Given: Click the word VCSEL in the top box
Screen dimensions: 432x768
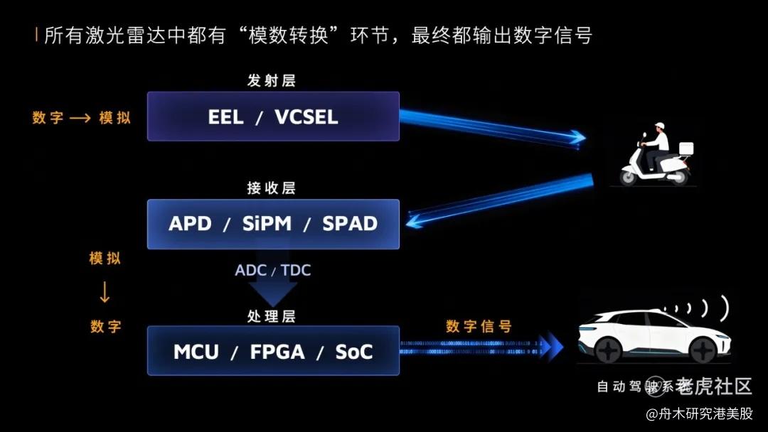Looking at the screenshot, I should click(306, 117).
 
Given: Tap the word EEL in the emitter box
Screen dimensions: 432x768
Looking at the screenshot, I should click(226, 117).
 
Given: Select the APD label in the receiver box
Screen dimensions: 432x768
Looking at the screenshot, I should click(191, 224).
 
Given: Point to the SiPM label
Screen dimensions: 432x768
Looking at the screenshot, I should click(267, 224).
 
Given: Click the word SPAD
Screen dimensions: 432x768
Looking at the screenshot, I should click(350, 224).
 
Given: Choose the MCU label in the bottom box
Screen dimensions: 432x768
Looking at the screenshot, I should click(196, 351).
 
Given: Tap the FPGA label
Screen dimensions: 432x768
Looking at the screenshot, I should click(277, 351).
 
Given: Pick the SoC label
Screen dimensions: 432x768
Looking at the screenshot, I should click(354, 351).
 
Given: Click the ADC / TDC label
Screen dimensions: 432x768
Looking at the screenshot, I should click(273, 271).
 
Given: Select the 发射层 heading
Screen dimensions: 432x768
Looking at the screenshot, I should click(272, 81).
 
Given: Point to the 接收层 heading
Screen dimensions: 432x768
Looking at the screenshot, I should click(272, 188).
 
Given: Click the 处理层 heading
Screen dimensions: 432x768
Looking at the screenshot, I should click(272, 316).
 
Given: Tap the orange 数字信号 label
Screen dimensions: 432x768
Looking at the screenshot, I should click(479, 326).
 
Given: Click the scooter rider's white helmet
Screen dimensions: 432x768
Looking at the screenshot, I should click(661, 128).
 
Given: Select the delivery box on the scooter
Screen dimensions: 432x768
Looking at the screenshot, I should click(685, 148).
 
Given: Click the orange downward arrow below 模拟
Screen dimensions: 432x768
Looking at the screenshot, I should click(105, 292).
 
